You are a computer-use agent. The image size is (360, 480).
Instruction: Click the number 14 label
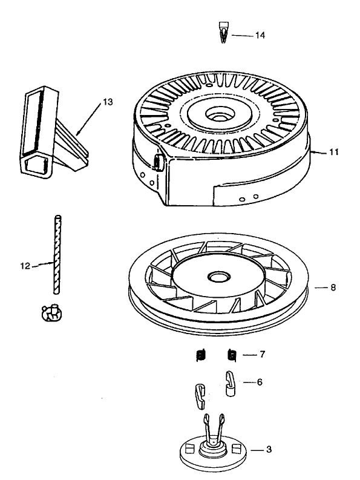[x=260, y=36]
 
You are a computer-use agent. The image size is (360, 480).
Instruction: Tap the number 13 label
[x=107, y=102]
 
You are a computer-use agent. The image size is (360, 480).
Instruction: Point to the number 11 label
[x=333, y=153]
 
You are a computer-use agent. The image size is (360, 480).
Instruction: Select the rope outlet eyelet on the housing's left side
[x=159, y=162]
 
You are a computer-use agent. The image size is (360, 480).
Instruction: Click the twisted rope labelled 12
[x=57, y=254]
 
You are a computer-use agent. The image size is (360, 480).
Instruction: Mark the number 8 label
[x=333, y=288]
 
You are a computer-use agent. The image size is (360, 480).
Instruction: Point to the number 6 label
[x=260, y=383]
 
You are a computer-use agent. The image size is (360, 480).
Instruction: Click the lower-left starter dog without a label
[x=201, y=396]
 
